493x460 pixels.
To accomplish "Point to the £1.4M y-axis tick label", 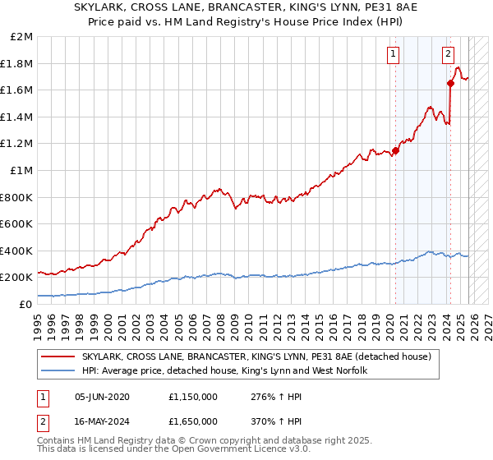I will tap(16, 117).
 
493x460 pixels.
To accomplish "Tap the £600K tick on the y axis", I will tap(16, 223).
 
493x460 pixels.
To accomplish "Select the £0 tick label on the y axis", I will tap(25, 304).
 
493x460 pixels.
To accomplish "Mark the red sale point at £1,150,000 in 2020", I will tap(396, 150).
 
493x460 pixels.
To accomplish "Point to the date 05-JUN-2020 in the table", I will tap(103, 396).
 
